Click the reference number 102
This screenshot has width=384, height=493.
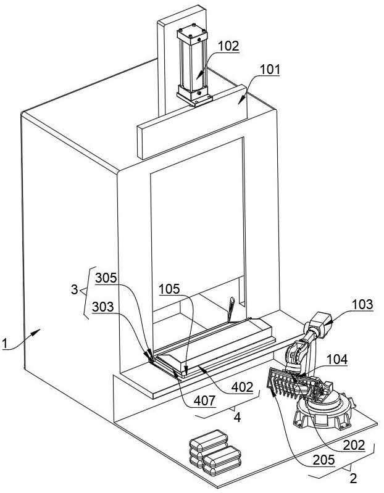pos(228,46)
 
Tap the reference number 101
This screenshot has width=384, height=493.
pos(270,69)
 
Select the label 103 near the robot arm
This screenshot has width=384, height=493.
pos(362,304)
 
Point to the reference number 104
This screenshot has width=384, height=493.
pos(337,359)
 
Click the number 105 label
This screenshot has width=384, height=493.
pos(169,289)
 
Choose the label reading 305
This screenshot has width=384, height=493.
pos(106,278)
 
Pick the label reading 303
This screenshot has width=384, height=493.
pos(103,307)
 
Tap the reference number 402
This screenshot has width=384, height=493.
pos(242,387)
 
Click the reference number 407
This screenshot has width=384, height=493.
pos(205,400)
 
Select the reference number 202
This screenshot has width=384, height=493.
pos(354,445)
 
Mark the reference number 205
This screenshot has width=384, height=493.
pos(323,460)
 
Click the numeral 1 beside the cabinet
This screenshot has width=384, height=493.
pos(4,343)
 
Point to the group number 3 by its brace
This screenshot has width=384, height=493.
pos(74,289)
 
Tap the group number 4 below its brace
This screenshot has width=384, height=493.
pos(238,417)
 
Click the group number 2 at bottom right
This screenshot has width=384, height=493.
pos(354,478)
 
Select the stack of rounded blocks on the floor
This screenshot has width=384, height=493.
pos(215,452)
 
